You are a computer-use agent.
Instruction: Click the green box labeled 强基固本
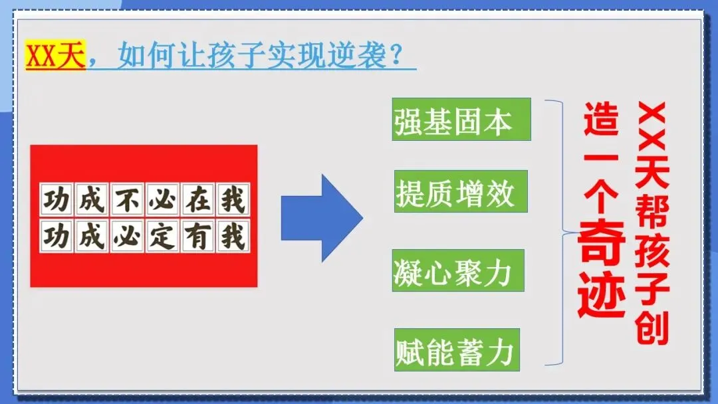(461, 120)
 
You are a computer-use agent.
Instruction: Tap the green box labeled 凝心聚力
(458, 270)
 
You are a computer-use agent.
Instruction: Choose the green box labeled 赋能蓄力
(457, 350)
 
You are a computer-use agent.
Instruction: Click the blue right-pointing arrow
(322, 218)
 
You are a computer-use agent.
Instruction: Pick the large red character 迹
(602, 294)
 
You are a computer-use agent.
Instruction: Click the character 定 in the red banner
(162, 236)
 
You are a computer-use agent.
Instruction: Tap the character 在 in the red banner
(197, 199)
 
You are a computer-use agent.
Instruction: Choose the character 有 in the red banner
(197, 236)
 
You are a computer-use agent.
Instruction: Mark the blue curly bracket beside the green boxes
(558, 233)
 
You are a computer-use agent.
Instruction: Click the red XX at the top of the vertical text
(652, 128)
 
